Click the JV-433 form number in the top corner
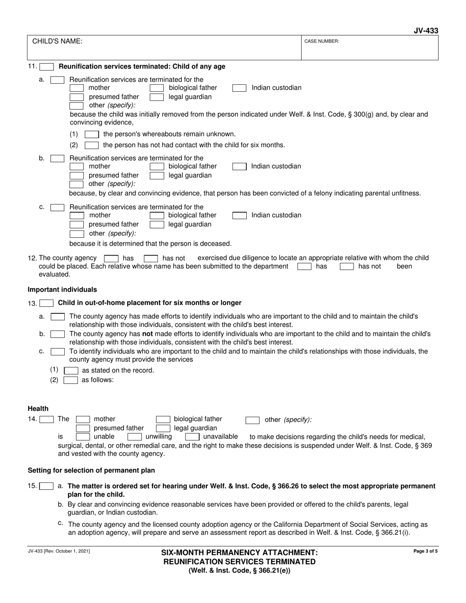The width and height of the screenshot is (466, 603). pos(426,31)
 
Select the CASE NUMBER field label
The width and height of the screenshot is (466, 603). pos(322,42)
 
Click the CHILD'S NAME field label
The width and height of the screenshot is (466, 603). pos(57,42)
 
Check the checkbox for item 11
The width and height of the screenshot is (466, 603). pos(47,67)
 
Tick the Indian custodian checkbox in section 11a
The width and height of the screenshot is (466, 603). pos(239,88)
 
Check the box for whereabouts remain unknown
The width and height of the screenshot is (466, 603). pos(92,134)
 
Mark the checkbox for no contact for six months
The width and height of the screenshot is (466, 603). pos(92,145)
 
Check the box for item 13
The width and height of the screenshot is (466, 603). pos(47,303)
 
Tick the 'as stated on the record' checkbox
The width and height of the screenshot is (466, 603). pos(71,371)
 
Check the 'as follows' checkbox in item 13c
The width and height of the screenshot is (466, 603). pos(71,380)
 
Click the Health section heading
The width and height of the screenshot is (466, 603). pos(38,408)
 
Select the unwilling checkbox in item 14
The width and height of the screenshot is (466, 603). pos(134,437)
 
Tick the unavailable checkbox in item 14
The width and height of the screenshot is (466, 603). pos(192,437)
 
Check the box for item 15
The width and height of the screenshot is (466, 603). pos(47,487)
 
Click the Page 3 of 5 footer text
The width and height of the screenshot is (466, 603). pos(426,552)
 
